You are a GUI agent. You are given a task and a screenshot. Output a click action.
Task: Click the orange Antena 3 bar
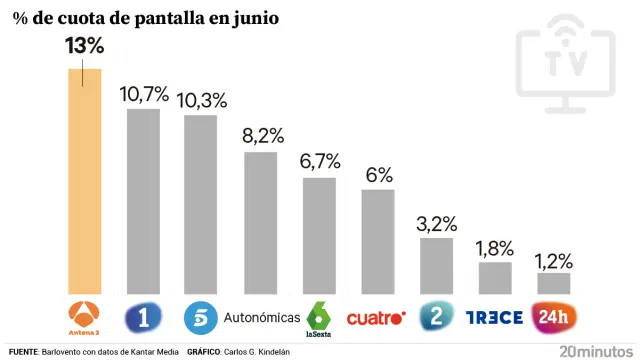[84, 180]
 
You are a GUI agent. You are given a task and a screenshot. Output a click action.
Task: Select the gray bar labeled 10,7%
[143, 200]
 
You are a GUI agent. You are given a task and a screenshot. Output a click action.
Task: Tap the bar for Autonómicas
[260, 222]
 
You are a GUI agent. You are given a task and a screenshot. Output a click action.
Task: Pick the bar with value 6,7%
[319, 235]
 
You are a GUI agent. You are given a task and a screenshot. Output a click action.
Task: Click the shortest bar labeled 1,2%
[553, 283]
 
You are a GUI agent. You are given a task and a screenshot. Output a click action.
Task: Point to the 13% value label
[84, 46]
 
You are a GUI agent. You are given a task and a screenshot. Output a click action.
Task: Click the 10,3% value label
[201, 100]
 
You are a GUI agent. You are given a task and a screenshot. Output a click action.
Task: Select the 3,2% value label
[436, 222]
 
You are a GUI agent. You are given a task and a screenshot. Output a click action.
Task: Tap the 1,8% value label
[495, 247]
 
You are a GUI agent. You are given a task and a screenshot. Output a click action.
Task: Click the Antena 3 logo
[84, 316]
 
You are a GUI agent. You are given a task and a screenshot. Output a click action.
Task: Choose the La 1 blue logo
[143, 318]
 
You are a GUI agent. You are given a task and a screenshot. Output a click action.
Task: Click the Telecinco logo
[201, 318]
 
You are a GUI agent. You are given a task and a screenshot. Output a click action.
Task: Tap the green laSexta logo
[319, 317]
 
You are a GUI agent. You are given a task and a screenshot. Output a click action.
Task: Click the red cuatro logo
[376, 319]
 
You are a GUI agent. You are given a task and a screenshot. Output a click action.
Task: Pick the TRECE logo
[495, 318]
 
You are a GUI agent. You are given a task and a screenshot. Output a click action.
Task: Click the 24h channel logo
[553, 318]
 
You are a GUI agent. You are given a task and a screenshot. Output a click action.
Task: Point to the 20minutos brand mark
[595, 351]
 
